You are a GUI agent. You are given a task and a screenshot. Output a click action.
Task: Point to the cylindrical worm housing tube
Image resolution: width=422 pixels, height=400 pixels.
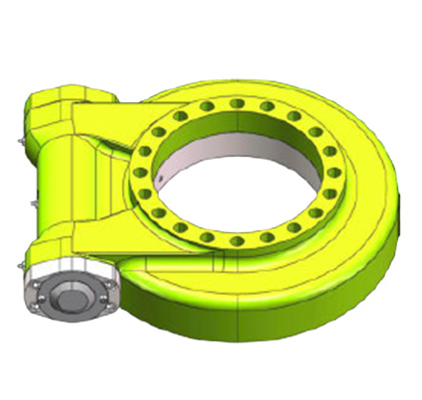click(55, 199)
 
